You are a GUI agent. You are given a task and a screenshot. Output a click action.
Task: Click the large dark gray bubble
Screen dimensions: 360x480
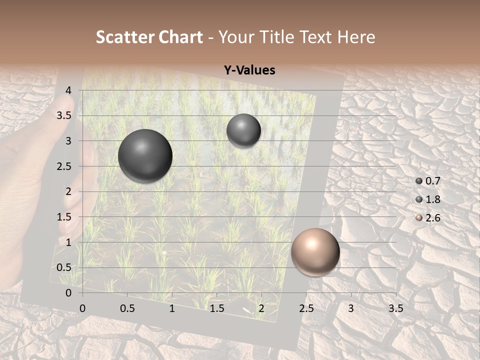(x=145, y=156)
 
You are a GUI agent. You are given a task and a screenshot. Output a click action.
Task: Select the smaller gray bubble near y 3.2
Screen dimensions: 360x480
(x=243, y=130)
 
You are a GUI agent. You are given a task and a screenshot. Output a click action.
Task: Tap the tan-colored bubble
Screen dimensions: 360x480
(x=315, y=252)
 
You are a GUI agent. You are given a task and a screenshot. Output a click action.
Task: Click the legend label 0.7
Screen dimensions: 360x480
(x=432, y=181)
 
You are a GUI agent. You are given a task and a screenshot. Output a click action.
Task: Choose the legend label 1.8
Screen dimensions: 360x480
(x=432, y=199)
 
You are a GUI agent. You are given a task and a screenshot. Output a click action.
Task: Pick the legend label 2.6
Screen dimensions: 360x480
(x=432, y=218)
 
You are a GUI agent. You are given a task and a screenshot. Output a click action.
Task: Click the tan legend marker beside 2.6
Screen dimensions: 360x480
(x=419, y=218)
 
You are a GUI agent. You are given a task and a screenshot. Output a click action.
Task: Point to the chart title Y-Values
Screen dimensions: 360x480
(x=249, y=70)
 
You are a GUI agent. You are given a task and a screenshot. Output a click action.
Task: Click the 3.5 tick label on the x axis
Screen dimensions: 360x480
(x=395, y=308)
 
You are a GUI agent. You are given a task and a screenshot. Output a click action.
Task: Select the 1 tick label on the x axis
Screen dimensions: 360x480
(x=172, y=308)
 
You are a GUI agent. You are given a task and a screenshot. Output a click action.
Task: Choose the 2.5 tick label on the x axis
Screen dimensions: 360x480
(x=306, y=308)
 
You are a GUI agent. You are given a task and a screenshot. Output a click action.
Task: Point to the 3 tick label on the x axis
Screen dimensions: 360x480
(x=351, y=308)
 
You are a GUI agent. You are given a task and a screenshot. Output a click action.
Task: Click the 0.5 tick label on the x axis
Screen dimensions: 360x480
(x=127, y=308)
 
